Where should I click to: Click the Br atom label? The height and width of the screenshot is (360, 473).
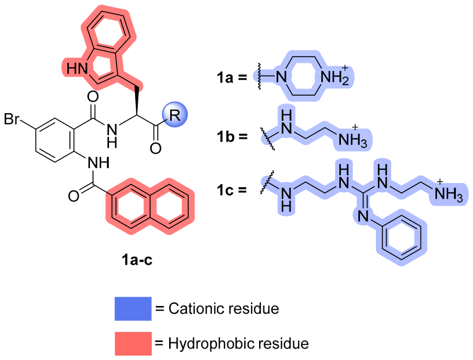(x=11, y=119)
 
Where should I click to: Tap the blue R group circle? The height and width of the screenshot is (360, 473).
(x=175, y=115)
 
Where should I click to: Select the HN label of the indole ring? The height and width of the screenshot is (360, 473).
(x=77, y=69)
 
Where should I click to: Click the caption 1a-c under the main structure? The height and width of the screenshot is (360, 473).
(x=137, y=260)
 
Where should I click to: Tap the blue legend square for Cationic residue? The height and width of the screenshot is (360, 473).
(x=133, y=309)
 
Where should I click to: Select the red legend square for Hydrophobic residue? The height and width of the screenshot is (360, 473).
(x=133, y=344)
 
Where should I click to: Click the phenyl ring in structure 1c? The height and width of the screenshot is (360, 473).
(x=401, y=238)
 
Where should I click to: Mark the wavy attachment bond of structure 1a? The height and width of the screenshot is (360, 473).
(x=259, y=77)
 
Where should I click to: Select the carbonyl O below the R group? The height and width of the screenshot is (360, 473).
(x=156, y=148)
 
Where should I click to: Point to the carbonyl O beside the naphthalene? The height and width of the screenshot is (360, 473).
(x=74, y=195)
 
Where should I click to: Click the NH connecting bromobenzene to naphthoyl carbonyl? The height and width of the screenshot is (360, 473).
(x=98, y=163)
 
